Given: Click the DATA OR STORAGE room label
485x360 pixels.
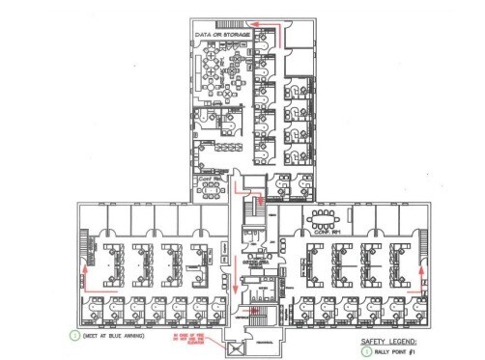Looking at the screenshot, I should [x=224, y=35].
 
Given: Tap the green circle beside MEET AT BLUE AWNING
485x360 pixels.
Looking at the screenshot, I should [x=73, y=335].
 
